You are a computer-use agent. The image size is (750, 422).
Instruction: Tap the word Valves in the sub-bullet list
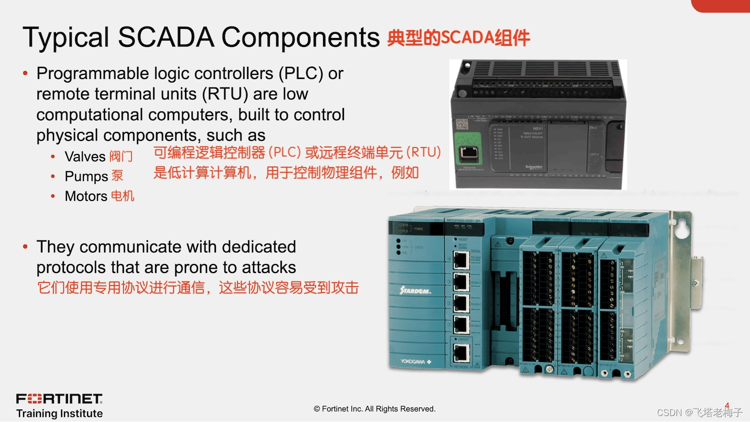tap(85, 156)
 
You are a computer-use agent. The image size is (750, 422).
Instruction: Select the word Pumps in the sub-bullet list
tap(86, 176)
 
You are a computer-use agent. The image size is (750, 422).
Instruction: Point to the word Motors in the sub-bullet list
tap(86, 196)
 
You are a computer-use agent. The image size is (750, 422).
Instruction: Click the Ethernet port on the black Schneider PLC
tap(468, 153)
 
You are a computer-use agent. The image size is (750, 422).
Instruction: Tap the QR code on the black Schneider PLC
tap(461, 123)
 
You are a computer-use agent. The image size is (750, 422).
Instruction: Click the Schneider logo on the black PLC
tap(534, 166)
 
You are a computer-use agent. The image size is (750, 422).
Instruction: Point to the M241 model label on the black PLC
tap(537, 128)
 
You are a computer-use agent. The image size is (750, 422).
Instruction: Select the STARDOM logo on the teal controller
tap(415, 290)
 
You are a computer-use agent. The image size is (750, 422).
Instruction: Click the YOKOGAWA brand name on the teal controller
tap(412, 361)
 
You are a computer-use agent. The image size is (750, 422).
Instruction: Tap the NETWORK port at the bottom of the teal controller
tap(460, 353)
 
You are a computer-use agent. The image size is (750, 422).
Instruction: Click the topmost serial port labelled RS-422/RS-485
tap(460, 260)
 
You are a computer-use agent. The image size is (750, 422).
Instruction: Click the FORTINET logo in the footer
tap(59, 398)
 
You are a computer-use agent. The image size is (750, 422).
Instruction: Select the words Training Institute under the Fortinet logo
tap(59, 413)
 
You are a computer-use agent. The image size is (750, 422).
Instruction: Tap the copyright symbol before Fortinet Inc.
tap(317, 409)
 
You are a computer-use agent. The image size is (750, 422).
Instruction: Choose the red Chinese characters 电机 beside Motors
tap(122, 196)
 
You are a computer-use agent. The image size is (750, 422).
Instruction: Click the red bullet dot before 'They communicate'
tap(25, 246)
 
